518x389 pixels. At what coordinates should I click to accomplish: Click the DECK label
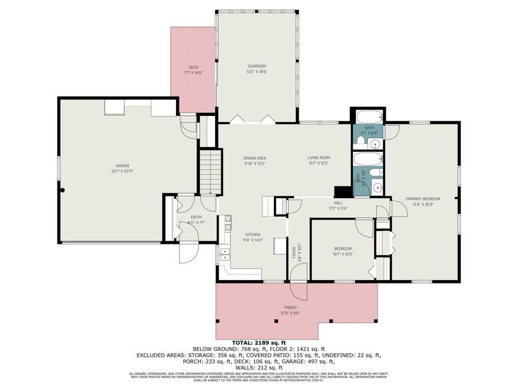point(193,67)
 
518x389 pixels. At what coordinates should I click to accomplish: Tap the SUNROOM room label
point(257,67)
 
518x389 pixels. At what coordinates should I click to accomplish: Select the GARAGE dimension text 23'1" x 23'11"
point(123,171)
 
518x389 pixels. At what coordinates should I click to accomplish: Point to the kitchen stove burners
point(227,220)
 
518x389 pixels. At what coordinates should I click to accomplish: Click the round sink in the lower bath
point(378,186)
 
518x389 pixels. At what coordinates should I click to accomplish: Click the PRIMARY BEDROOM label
point(423,198)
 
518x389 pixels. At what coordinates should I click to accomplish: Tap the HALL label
point(338,203)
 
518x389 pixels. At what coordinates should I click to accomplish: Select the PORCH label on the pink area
point(291,308)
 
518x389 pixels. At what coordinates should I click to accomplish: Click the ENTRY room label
point(196,217)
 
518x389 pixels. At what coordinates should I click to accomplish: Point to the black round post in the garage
point(63,190)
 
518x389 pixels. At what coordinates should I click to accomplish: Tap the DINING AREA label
point(254,158)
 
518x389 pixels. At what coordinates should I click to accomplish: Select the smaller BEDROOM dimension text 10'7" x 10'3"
point(343,254)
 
